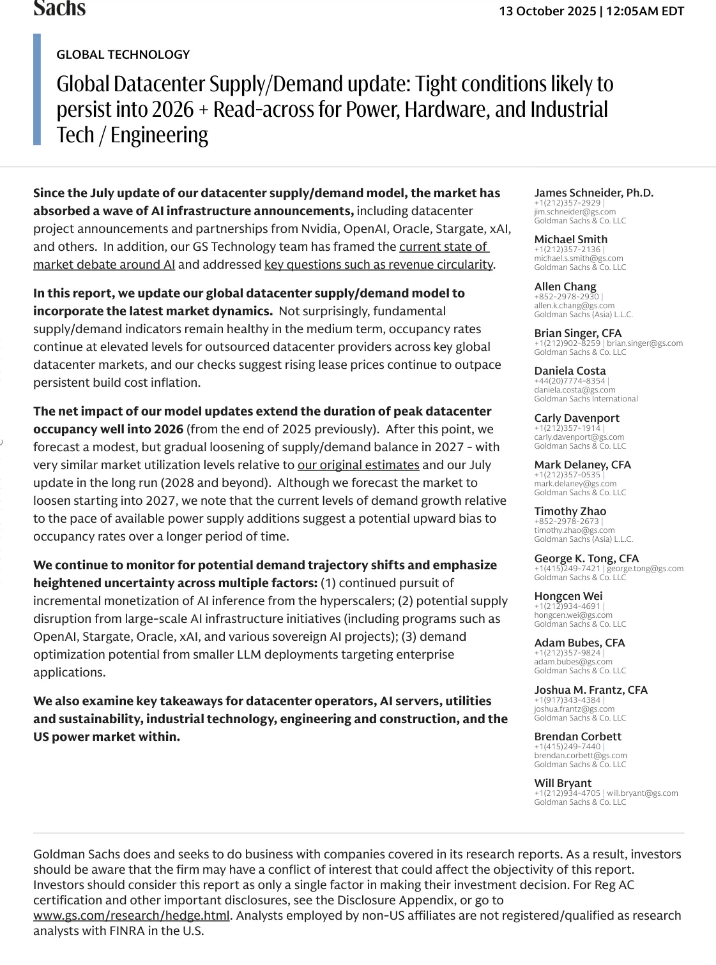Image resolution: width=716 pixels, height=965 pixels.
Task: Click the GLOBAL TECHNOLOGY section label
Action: pos(123,55)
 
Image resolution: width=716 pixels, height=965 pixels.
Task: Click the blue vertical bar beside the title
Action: pos(37,89)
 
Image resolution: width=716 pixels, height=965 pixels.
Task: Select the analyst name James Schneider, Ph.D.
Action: pos(593,193)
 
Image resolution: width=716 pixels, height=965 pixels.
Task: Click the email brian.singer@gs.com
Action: pos(644,343)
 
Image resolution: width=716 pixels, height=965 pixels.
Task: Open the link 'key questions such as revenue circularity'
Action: pos(379,264)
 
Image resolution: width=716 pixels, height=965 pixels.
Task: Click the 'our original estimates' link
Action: pos(358,465)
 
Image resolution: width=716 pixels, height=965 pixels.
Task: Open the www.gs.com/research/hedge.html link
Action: pos(131,916)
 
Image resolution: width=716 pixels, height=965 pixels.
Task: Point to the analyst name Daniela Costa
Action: pos(570,371)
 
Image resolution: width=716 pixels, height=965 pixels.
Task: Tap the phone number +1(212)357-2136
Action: pos(567,250)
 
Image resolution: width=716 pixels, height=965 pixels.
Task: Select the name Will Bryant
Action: pos(563,783)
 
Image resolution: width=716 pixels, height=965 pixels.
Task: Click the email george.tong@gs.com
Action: pos(645,569)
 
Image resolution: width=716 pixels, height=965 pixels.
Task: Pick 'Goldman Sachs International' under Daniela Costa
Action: pos(586,399)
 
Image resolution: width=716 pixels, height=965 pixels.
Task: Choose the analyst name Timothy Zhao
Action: pos(570,511)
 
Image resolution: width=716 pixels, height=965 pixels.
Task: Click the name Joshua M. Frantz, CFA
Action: pos(591,690)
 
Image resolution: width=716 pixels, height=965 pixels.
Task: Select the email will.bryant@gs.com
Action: pos(643,793)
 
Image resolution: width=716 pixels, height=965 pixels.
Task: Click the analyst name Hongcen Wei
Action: pos(568,596)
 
